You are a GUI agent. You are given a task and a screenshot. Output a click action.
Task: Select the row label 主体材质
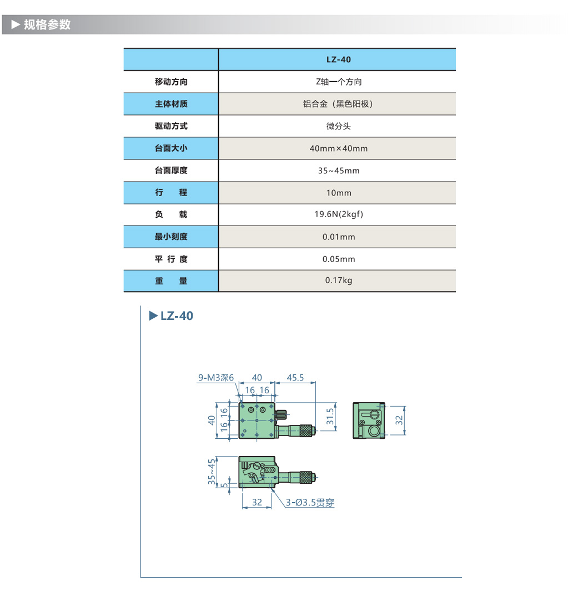(171, 104)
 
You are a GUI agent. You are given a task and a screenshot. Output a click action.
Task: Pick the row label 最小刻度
(171, 237)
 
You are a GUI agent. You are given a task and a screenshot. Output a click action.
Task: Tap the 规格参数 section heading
(47, 25)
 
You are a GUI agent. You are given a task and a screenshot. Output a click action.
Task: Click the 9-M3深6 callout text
(217, 378)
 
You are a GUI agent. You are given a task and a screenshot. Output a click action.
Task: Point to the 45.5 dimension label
(295, 378)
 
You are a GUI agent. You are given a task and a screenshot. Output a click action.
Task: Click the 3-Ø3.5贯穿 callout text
(310, 503)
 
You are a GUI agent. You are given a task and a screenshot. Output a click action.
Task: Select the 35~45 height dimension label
(212, 472)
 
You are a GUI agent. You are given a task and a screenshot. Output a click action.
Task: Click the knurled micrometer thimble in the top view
(306, 429)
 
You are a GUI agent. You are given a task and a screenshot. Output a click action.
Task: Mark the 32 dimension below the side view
(257, 502)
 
